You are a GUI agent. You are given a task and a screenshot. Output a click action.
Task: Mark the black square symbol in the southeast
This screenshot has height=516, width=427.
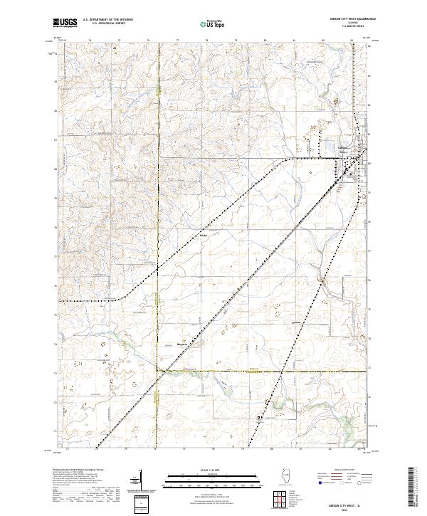coord(259,418)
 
